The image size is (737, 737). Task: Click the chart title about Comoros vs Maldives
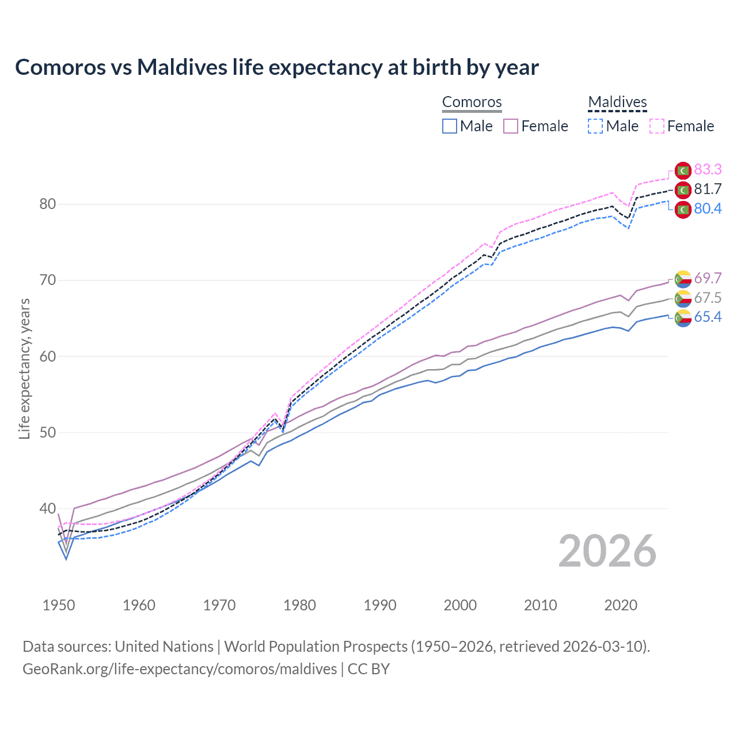click(277, 67)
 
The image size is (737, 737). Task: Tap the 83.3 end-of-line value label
click(708, 169)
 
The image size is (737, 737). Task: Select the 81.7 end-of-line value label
click(708, 189)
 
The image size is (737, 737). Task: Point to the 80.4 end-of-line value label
click(708, 208)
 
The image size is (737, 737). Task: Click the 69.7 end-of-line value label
click(708, 278)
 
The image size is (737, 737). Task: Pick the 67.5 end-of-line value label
click(708, 298)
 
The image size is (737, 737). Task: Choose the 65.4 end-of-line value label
click(708, 317)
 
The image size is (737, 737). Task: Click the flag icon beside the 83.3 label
click(683, 170)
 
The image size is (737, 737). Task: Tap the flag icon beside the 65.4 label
click(683, 318)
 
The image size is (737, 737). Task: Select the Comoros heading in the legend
click(472, 102)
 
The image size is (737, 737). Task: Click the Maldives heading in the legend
click(617, 102)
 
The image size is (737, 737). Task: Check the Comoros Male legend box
click(450, 126)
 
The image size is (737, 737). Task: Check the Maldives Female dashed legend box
click(657, 126)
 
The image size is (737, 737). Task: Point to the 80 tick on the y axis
click(48, 204)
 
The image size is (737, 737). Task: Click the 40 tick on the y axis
click(48, 509)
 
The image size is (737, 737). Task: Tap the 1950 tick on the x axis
click(59, 605)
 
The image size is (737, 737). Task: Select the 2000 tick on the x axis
click(460, 605)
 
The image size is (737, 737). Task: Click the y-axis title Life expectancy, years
click(24, 368)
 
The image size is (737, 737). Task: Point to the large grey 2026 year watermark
click(607, 551)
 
